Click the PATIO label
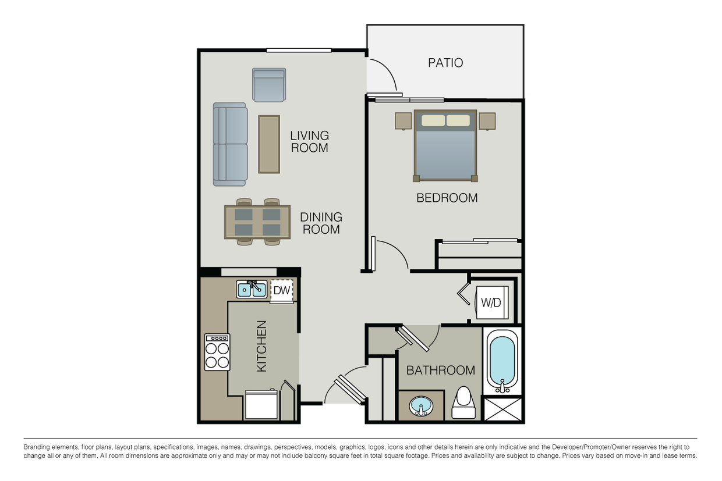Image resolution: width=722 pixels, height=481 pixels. pos(445,62)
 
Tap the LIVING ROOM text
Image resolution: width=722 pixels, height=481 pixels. pos(310,141)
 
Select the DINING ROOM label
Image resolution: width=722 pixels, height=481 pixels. pos(321,223)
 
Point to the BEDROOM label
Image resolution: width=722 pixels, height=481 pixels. pos(447,198)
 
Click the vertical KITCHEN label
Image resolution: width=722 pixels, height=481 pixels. pos(262,346)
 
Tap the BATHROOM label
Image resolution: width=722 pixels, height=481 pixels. pos(440,370)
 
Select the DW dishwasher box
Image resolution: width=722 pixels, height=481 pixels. pos(282,290)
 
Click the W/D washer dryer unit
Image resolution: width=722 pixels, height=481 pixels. pos(490,302)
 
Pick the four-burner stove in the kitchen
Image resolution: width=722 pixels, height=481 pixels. pos(217,352)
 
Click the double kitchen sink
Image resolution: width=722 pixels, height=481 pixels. pos(252,289)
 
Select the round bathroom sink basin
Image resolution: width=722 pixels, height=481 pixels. pos(420,405)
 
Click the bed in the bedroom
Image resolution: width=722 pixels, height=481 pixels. pos(445,145)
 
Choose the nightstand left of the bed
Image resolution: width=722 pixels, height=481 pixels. pos(404,121)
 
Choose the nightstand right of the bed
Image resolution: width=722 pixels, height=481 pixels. pos(487,121)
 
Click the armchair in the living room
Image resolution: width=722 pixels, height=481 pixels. pos(269,85)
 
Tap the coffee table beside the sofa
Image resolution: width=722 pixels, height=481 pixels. pos(269,144)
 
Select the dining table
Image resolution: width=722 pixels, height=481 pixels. pos(257,222)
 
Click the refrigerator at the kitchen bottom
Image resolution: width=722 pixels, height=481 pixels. pos(261,405)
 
